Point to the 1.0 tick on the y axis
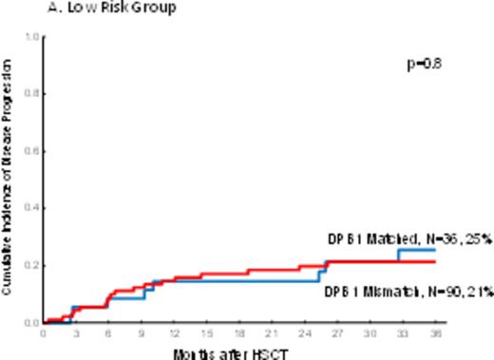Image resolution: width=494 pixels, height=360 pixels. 33,37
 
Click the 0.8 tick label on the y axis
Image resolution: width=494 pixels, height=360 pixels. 33,94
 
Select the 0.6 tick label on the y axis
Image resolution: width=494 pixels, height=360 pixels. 33,151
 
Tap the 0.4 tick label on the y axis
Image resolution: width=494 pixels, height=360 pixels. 33,208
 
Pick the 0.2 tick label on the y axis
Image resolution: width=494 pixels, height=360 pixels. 33,265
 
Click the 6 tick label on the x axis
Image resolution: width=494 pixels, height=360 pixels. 108,333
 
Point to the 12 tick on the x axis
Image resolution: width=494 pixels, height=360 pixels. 174,333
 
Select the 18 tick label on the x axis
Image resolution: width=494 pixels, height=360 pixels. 239,333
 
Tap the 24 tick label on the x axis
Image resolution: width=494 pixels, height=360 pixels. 304,333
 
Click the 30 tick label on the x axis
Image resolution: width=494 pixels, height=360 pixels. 370,333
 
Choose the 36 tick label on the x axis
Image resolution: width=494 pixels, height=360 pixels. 434,333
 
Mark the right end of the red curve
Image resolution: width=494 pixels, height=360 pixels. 434,261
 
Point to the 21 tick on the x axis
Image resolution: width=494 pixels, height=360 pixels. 272,333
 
